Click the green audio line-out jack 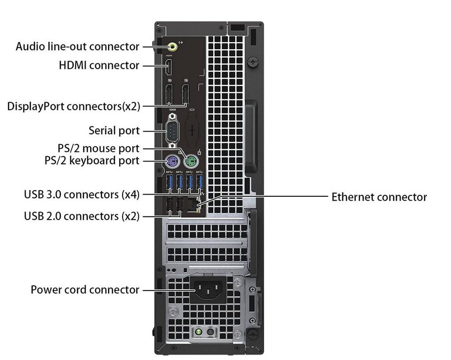(172, 46)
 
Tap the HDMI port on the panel (169, 66)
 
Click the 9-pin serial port (172, 131)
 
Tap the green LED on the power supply (198, 332)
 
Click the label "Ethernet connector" (379, 197)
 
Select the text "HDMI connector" (99, 65)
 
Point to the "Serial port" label (114, 131)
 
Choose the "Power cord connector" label (85, 290)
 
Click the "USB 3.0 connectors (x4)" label (81, 195)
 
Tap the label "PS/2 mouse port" (98, 148)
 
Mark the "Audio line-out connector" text (78, 46)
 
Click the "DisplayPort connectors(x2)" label (74, 107)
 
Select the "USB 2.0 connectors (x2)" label (81, 216)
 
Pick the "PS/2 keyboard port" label (92, 160)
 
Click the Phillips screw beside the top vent (253, 62)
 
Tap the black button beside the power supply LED (211, 332)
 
